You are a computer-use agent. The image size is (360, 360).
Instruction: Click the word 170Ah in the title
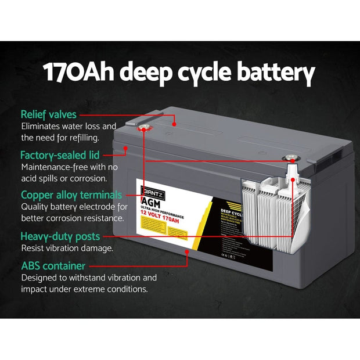click(x=82, y=75)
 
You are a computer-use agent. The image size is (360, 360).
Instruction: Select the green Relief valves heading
click(x=48, y=114)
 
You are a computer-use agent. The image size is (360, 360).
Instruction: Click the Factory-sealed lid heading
click(x=60, y=155)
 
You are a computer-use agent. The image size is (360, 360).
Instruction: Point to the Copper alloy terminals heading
click(x=71, y=195)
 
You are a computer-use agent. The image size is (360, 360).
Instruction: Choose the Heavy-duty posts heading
click(x=60, y=236)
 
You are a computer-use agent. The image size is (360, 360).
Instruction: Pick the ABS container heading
click(x=53, y=266)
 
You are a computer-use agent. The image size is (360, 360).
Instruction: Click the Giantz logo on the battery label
click(x=149, y=190)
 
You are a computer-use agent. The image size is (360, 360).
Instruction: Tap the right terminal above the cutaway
click(x=287, y=157)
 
